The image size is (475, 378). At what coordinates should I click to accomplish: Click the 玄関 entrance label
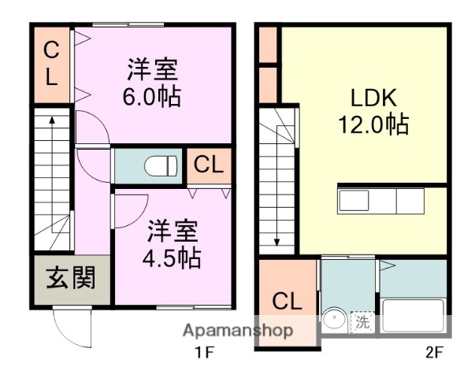click(x=70, y=278)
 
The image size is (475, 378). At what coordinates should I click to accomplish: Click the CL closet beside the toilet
click(x=209, y=165)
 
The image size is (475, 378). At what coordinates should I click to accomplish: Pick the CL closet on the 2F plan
click(x=287, y=301)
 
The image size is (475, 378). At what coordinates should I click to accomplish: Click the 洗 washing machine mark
click(x=362, y=321)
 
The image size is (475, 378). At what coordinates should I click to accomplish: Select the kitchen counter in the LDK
click(x=381, y=199)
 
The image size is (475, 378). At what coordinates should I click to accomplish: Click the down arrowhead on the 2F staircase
click(x=277, y=242)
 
